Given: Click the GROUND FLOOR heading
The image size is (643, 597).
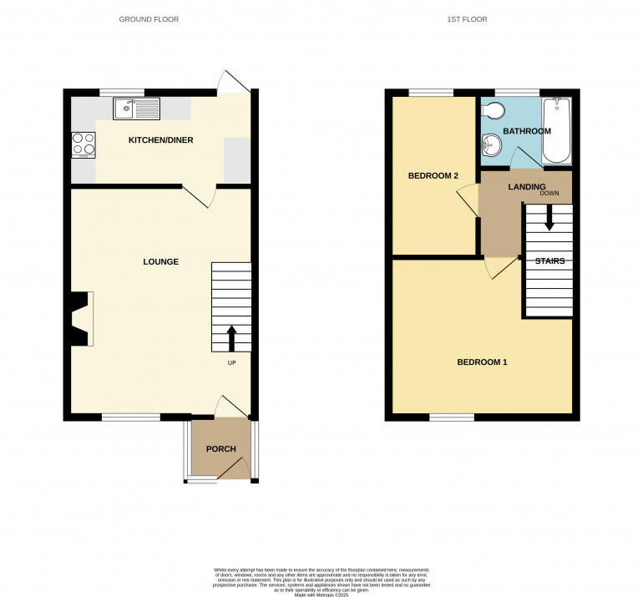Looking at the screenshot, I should (149, 19).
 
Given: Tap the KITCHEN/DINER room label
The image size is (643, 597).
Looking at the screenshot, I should (160, 140).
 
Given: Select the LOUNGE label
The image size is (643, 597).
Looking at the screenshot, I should (160, 261).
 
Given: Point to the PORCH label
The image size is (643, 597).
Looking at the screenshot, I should (220, 449).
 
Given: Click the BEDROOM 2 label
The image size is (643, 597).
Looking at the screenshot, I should (433, 176).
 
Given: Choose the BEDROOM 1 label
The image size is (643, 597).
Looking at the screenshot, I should (482, 362).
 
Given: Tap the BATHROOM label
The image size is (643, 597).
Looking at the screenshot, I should (526, 131).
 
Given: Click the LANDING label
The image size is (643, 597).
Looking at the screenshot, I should (526, 186).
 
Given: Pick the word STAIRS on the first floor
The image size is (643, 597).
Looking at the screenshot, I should (550, 261).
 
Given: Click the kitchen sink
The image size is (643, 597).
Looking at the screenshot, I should (136, 108).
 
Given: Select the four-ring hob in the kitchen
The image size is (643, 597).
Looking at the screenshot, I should (84, 144).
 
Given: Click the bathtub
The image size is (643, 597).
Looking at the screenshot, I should (556, 130).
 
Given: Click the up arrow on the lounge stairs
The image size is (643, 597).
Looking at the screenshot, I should (231, 337).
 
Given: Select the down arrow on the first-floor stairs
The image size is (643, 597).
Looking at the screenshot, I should (549, 219).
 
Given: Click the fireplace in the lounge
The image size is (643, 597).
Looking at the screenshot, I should (81, 318).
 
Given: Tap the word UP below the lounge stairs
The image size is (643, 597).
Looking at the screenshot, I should (231, 363).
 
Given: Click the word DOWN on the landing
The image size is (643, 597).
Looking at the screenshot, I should (549, 194).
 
